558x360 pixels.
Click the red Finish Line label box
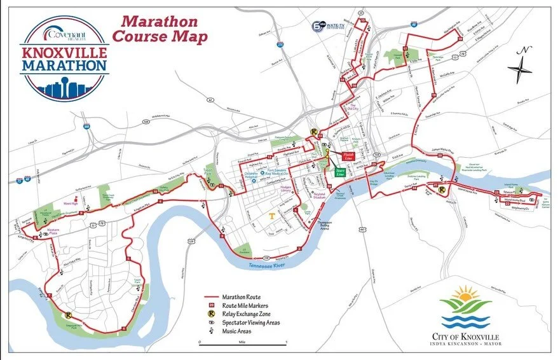[x=348, y=155]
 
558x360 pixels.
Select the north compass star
[x=521, y=66]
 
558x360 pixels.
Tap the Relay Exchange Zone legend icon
[x=208, y=313]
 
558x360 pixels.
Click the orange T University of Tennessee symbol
[x=272, y=217]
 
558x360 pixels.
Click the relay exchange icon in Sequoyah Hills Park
[x=68, y=314]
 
